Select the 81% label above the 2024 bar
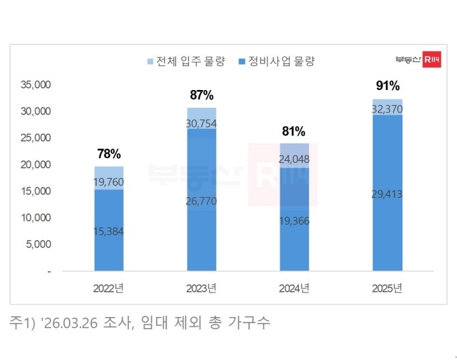point(294,132)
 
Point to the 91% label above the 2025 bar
point(387,86)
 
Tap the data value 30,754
point(202,123)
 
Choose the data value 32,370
point(387,108)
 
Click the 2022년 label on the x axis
point(109,287)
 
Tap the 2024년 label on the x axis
point(294,287)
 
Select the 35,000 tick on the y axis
point(38,85)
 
